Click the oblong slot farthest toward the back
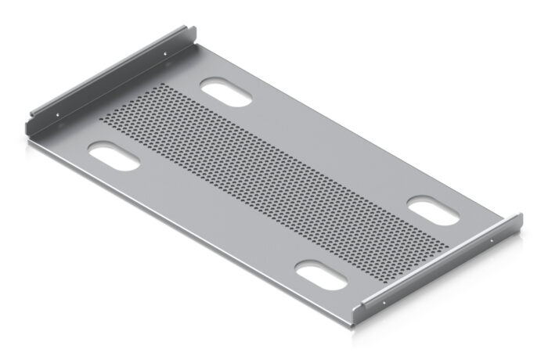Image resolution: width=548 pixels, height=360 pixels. (x=226, y=92)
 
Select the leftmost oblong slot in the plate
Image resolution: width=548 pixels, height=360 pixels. (x=114, y=155)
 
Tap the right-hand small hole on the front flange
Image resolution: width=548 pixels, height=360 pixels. (x=492, y=240)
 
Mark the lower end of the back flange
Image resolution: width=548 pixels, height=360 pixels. (x=27, y=127)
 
